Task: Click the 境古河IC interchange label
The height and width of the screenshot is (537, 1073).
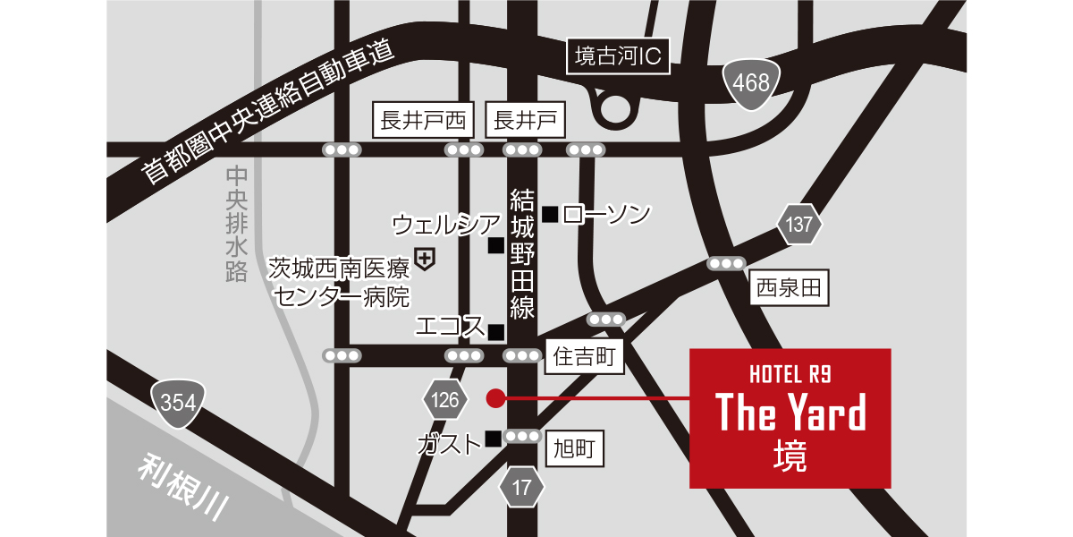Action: click(618, 58)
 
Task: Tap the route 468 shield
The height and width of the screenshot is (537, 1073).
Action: click(751, 83)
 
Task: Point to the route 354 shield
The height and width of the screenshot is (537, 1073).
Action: click(179, 403)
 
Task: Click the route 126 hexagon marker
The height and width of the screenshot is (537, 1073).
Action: click(444, 399)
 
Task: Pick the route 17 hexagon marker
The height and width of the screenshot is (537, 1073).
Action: click(522, 487)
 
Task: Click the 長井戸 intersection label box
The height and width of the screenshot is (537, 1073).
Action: click(526, 119)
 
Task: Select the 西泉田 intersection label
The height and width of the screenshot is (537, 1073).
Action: click(789, 288)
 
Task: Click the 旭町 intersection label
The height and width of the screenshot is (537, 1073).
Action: click(574, 447)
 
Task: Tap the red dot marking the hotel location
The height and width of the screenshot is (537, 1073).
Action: click(494, 398)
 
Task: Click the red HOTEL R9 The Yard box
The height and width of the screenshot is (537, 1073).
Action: click(790, 418)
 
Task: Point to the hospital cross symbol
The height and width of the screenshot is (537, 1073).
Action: click(426, 260)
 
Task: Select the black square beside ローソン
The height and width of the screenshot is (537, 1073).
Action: click(550, 214)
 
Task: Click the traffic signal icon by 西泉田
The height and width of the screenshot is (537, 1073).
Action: click(725, 263)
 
